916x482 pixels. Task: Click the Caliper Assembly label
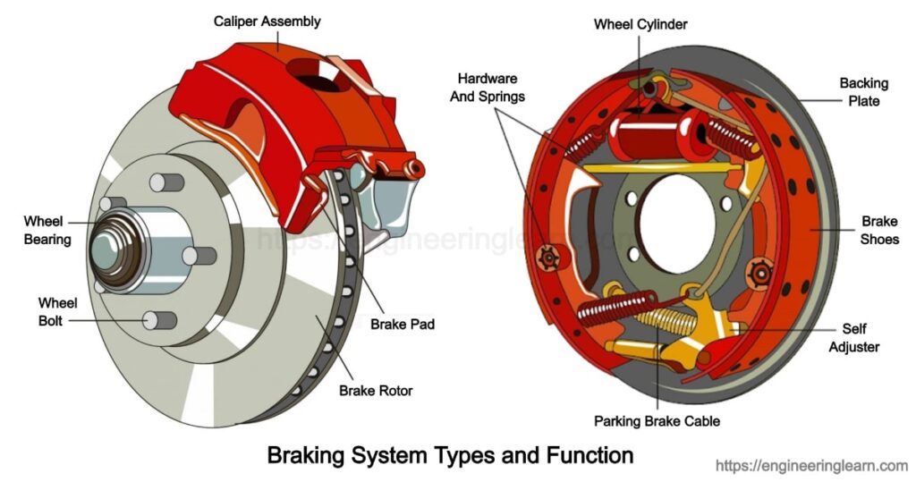267,21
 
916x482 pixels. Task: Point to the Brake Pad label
403,324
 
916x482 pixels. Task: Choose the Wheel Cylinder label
640,23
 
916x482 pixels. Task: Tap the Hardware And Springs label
487,88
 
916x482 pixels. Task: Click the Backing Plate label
863,92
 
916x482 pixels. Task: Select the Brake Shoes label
879,230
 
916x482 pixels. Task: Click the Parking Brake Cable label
657,420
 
